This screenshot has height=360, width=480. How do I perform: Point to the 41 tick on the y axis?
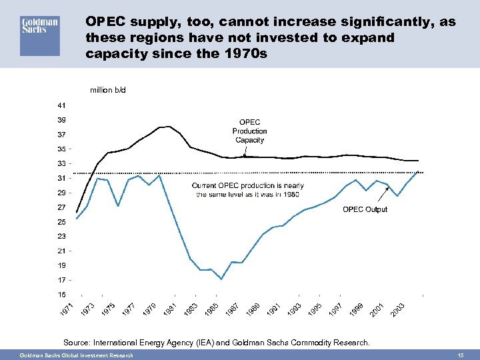point(61,105)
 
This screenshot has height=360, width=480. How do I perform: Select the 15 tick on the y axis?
point(61,294)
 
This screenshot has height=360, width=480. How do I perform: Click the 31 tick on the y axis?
point(61,178)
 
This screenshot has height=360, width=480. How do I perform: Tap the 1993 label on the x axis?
point(294,310)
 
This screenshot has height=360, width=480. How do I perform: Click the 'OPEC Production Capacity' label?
point(250,131)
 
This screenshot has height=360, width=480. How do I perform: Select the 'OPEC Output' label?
point(365,209)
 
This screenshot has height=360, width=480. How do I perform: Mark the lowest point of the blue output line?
point(221,279)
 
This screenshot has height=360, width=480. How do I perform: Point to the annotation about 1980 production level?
point(247,189)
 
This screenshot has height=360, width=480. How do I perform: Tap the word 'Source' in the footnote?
point(77,342)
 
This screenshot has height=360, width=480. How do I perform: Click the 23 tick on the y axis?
point(61,236)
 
